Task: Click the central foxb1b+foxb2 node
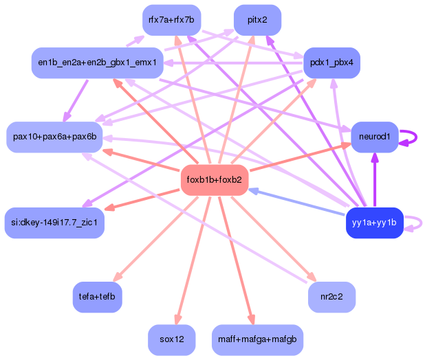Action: [x=214, y=180]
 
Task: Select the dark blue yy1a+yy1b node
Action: [x=373, y=222]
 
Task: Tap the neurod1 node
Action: [x=374, y=137]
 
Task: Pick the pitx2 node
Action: [x=257, y=19]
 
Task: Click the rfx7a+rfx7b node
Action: [x=171, y=19]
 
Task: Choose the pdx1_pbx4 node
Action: [x=331, y=63]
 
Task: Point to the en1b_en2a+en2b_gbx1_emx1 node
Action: [x=97, y=63]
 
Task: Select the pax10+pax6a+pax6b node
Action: [x=54, y=137]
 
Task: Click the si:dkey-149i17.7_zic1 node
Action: [x=54, y=222]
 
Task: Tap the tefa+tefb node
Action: [x=97, y=296]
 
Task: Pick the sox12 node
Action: [x=171, y=339]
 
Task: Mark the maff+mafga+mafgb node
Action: [x=257, y=339]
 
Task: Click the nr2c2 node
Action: [x=332, y=296]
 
